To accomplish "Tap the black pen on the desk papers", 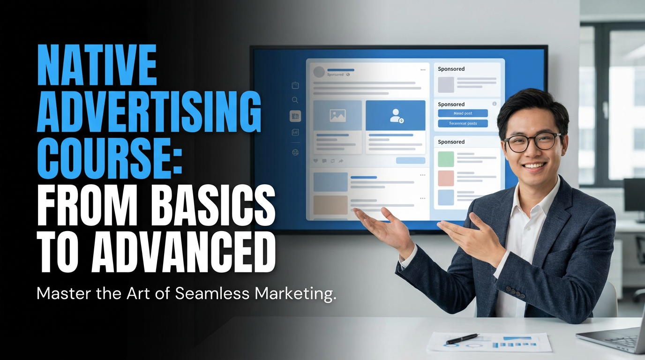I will pos(462,338).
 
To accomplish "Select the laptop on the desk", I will pos(614,335).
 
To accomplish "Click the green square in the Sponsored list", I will pos(446,159).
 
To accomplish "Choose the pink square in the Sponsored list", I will pos(446,178).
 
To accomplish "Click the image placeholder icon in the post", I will pos(337,115).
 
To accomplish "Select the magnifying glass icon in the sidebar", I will pos(295,100).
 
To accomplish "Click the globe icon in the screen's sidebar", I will pos(295,152).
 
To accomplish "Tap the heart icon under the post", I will pos(315,161).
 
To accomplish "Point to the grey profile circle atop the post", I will pos(319,72).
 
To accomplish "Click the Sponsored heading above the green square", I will pos(451,142).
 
